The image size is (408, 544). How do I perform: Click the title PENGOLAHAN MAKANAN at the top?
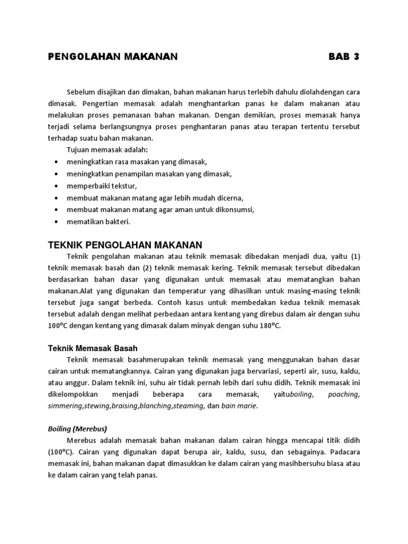pos(113,57)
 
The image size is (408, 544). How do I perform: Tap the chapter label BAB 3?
pos(344,57)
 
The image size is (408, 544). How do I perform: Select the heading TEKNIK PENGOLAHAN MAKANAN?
pos(125,244)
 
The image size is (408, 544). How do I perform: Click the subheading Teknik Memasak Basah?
pos(93,348)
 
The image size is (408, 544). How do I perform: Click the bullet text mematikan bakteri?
pos(98,222)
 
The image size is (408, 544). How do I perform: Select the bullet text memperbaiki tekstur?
pos(101,186)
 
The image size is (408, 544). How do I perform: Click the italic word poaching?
pos(343,394)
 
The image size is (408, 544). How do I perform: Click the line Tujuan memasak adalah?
pos(103,150)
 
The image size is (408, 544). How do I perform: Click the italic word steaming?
pos(188,406)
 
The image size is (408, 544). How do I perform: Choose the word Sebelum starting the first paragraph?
pos(82,92)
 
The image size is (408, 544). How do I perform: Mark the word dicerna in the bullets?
pos(227,198)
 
